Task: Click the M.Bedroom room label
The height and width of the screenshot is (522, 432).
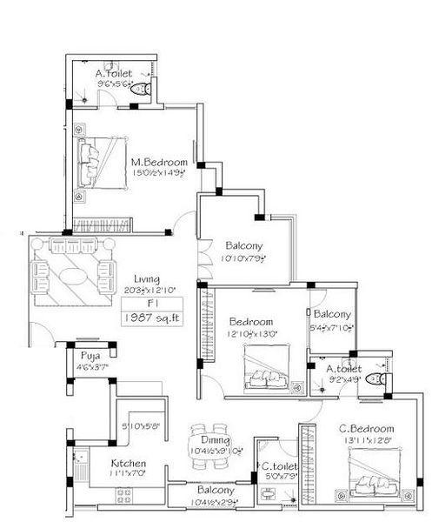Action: pyautogui.click(x=159, y=161)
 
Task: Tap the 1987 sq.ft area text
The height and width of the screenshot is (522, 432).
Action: pyautogui.click(x=146, y=319)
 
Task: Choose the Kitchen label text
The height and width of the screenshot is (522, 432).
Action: pyautogui.click(x=128, y=463)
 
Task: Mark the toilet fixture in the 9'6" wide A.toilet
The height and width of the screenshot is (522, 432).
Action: pyautogui.click(x=144, y=87)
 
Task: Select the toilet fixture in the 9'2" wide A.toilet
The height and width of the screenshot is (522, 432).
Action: pyautogui.click(x=375, y=378)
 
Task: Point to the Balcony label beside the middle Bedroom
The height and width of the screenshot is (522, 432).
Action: pyautogui.click(x=332, y=314)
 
